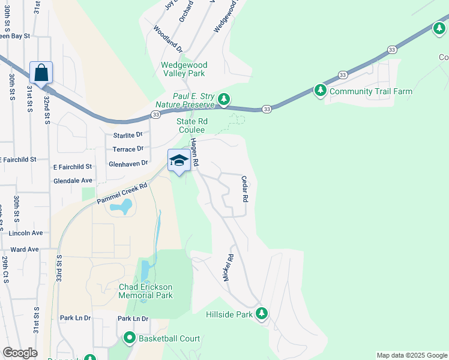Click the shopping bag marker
[41, 73]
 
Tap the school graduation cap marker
[179, 161]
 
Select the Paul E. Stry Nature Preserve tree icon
[224, 98]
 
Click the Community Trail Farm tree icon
[321, 91]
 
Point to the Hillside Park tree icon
[262, 314]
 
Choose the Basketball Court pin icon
[129, 338]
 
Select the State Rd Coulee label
[191, 125]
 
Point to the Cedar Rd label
[245, 188]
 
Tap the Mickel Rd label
[228, 267]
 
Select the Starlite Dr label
[125, 135]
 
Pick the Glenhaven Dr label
[128, 163]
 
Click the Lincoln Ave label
[26, 232]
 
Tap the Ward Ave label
[25, 249]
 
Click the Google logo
[20, 353]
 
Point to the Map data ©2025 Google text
[411, 355]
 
